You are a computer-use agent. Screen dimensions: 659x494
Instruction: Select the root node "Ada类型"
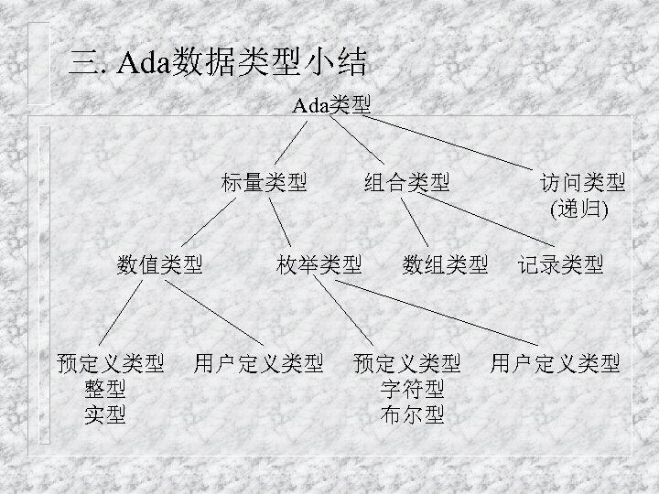tap(331, 104)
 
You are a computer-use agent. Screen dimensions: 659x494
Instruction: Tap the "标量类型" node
tap(264, 182)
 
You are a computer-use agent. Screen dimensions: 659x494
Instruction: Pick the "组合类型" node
tap(406, 182)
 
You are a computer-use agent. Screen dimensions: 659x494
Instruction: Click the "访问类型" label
tap(582, 182)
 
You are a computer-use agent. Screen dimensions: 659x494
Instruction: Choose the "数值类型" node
tap(159, 265)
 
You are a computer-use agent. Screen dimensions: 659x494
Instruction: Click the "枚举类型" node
tap(319, 265)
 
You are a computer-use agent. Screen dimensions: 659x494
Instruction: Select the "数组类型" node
tap(445, 265)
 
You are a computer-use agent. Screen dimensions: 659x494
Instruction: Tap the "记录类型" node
tap(560, 265)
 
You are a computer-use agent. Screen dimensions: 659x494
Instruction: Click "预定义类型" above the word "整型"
tap(110, 363)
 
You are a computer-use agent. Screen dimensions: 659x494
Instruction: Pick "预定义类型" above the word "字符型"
tap(406, 363)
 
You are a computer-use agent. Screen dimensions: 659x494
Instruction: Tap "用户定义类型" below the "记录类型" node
tap(555, 363)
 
